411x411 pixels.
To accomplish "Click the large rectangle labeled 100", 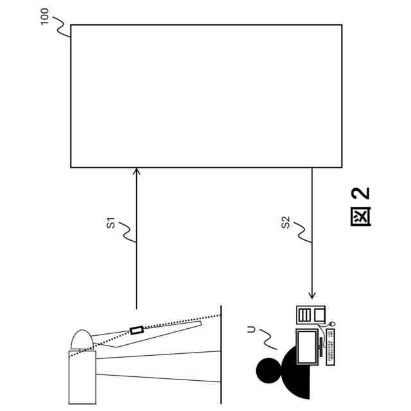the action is (205, 96).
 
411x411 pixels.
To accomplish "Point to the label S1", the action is (110, 224).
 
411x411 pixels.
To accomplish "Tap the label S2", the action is (286, 224).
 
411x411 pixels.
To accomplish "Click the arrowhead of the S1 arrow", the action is (136, 172).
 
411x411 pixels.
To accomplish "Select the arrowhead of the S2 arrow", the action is (312, 296).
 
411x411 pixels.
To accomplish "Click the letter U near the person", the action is (251, 330).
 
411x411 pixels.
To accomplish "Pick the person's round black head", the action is (268, 370).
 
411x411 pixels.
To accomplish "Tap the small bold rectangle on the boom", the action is (136, 330).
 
